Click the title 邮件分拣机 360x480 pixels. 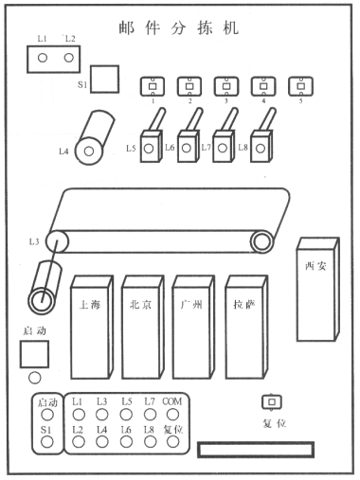point(179,28)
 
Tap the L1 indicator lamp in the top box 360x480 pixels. point(43,58)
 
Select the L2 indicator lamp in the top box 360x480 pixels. point(69,58)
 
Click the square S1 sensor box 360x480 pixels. point(104,80)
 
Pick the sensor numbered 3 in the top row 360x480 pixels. point(226,86)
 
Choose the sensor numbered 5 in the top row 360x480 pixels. point(300,86)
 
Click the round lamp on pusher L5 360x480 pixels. point(149,149)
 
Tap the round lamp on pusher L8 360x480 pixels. point(261,149)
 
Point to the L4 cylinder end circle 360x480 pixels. point(89,151)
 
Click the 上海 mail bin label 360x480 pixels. point(90,305)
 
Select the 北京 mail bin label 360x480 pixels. point(141,305)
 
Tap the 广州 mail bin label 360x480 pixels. point(191,305)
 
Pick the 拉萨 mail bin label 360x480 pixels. point(244,305)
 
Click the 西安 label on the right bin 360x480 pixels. point(315,267)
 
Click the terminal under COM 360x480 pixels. point(172,415)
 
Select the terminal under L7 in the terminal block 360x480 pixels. point(150,415)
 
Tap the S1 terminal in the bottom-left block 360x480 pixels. point(47,442)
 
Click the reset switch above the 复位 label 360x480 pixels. point(272,401)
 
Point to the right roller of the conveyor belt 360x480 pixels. point(261,241)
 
